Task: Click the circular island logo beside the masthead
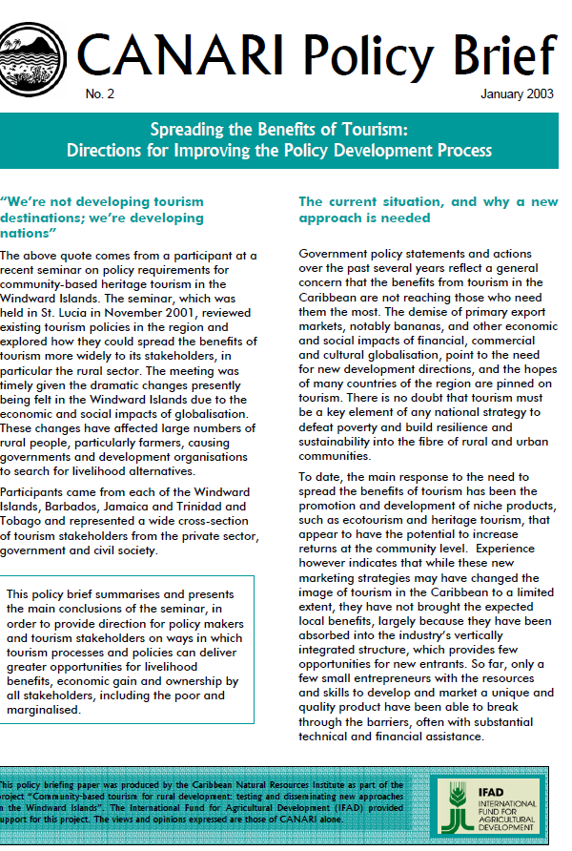[31, 52]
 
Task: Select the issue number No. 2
[98, 93]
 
